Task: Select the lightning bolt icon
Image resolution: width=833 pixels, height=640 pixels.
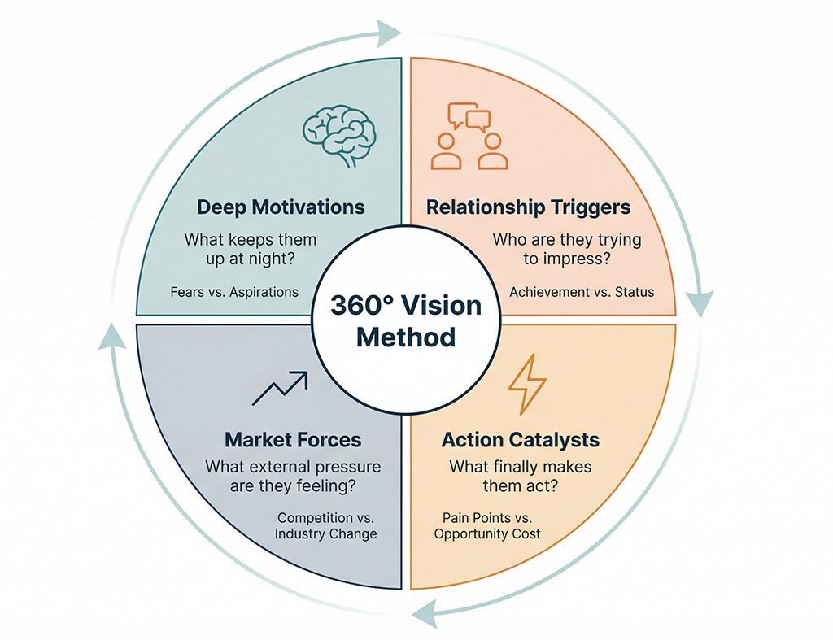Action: coord(526,385)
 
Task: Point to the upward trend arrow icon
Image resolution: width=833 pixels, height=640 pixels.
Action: coord(280,389)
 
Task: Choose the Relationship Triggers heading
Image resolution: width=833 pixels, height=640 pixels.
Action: coord(529,207)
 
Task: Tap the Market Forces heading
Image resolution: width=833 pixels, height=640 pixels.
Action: coord(293,440)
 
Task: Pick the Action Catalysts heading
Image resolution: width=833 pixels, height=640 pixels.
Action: coord(521,440)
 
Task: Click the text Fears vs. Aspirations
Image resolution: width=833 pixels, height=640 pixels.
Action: coord(233,292)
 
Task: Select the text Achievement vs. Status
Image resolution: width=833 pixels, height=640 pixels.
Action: coord(582,292)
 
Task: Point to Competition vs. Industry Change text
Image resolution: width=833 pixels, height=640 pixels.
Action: coord(326,526)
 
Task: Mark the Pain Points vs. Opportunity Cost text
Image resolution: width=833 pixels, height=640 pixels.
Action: coord(487,526)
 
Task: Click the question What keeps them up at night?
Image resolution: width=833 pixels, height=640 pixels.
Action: coord(251,250)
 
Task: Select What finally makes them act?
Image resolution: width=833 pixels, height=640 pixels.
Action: coord(521,477)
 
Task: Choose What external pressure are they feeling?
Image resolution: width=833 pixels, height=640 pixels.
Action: coord(293,477)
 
